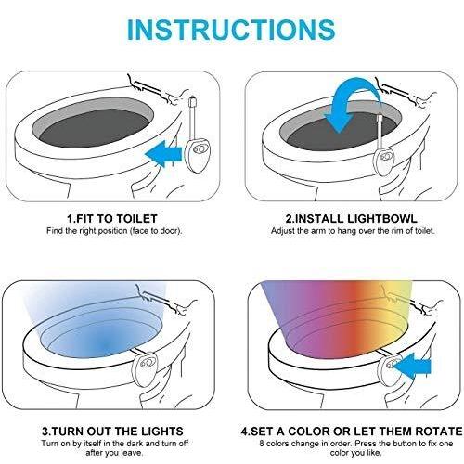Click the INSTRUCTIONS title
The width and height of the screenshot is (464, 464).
[231, 30]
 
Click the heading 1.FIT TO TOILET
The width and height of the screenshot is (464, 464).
[112, 219]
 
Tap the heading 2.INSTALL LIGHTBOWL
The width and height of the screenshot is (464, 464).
[351, 219]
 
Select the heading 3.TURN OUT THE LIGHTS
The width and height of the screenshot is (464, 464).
[112, 432]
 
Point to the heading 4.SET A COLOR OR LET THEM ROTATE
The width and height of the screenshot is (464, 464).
[352, 432]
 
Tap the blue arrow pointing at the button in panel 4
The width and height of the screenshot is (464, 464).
[412, 366]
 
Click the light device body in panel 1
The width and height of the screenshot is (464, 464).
[197, 154]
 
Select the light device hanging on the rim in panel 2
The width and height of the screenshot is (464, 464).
[385, 161]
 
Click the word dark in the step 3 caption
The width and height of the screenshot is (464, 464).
[135, 444]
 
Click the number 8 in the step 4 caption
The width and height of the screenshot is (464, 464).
[262, 444]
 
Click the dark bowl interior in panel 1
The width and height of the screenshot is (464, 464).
[93, 128]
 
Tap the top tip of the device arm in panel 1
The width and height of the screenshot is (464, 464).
[193, 98]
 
